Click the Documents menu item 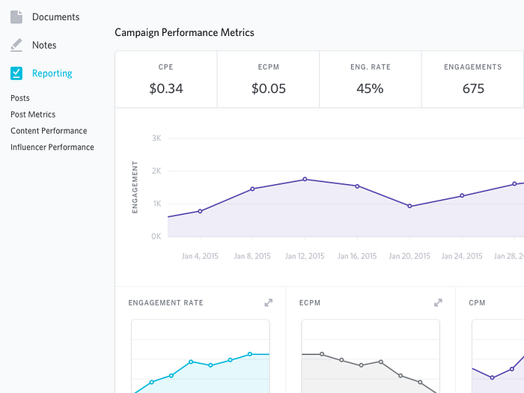coord(55,16)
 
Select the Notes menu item coord(43,45)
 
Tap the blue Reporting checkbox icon coord(16,73)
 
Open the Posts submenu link coord(20,98)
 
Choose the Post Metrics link coord(33,115)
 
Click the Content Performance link coord(49,131)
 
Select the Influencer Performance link coord(52,147)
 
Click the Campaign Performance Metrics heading coord(184,33)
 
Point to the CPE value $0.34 coord(166,88)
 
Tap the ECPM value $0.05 coord(268,88)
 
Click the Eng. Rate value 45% coord(370,88)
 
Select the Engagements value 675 coord(473,88)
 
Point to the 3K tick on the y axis coord(156,138)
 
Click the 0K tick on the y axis coord(156,237)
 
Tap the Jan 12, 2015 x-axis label coord(305,256)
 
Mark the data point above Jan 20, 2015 coord(409,206)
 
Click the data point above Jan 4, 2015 coord(200,211)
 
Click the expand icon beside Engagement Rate coord(269,303)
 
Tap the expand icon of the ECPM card coord(439,303)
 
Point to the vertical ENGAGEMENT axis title coord(135,187)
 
